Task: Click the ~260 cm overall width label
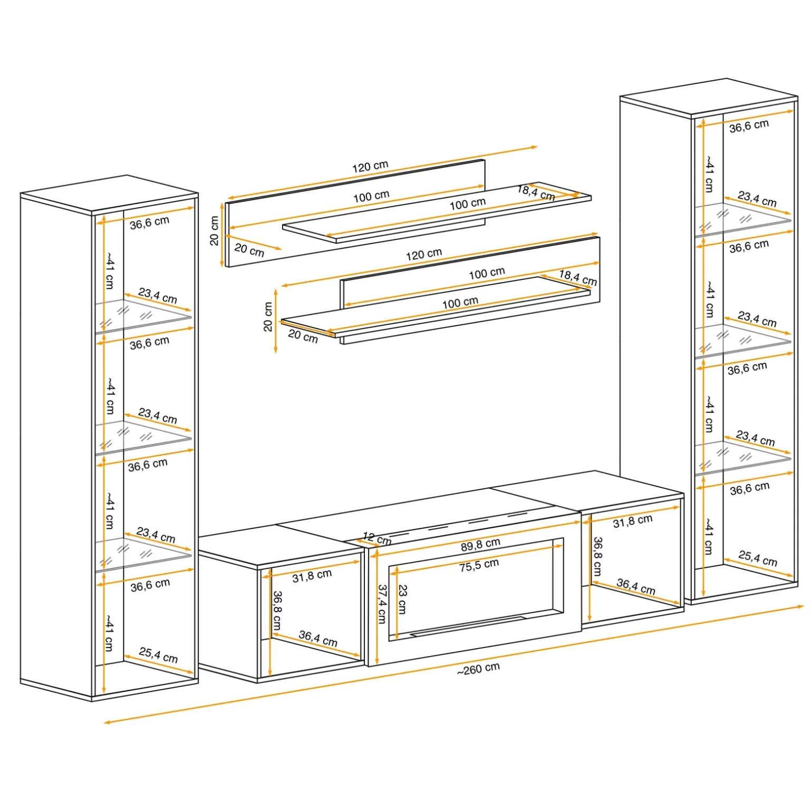pos(478,669)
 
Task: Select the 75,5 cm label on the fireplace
pos(479,565)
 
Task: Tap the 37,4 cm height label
pos(382,604)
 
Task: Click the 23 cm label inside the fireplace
pos(402,599)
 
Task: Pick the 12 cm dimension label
pos(377,538)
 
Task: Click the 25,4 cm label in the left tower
pos(158,655)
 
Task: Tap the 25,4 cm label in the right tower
pos(758,558)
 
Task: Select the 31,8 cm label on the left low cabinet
pos(312,576)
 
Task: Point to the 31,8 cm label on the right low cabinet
pos(633,521)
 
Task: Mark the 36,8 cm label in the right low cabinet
pos(597,556)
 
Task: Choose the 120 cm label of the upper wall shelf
pos(370,166)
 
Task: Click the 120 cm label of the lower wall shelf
pos(424,255)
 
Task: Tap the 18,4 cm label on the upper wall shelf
pos(536,192)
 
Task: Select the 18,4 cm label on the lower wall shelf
pos(578,278)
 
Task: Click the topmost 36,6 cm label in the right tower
pos(749,126)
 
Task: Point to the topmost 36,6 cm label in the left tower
pos(150,223)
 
